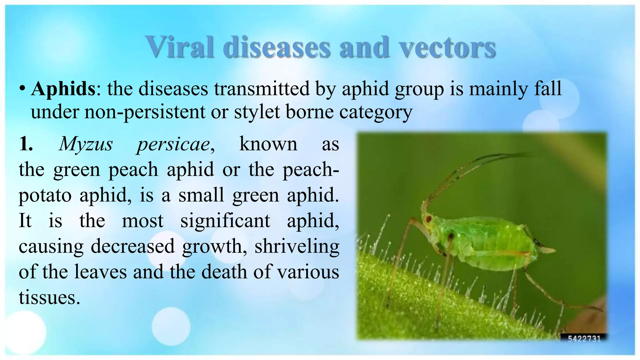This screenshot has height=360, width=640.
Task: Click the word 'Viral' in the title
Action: [180, 47]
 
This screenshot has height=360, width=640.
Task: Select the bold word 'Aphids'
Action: [63, 89]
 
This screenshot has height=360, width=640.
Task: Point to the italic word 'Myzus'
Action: [86, 144]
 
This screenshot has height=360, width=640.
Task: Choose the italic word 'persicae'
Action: [174, 144]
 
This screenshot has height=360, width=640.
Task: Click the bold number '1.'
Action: [26, 144]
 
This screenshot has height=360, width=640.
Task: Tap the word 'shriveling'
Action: [297, 247]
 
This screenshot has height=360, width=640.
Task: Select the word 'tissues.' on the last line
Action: [49, 297]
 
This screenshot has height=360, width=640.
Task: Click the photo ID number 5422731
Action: [584, 338]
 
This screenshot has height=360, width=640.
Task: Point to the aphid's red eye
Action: [429, 218]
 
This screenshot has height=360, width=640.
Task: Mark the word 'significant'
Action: [225, 221]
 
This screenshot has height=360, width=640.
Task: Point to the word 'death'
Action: [224, 272]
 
